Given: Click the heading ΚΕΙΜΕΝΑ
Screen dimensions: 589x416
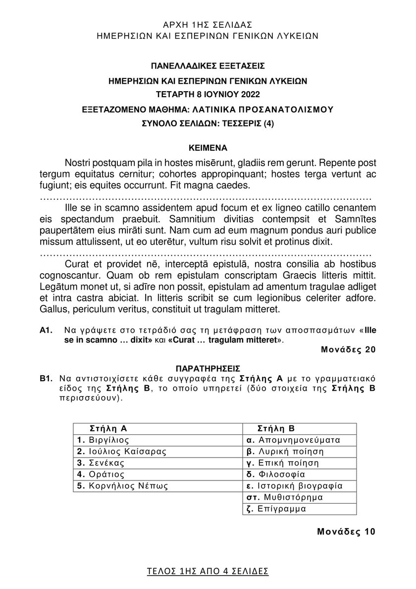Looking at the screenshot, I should [208, 147].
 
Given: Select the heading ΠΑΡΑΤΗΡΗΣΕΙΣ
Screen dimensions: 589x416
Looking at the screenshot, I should [208, 367].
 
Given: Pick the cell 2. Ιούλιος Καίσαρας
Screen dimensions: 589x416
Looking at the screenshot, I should [122, 451].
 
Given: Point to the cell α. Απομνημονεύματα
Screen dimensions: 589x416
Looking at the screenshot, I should [293, 440].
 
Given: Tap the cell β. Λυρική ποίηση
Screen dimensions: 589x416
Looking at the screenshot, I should [285, 451].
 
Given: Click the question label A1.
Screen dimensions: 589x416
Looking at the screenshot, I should [46, 330].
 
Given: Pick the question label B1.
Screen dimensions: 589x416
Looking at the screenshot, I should [46, 379].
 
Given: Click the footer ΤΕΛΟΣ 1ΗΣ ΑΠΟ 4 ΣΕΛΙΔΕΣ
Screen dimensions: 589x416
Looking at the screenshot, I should [208, 571].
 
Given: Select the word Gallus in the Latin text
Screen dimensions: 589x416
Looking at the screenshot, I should [52, 309].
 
